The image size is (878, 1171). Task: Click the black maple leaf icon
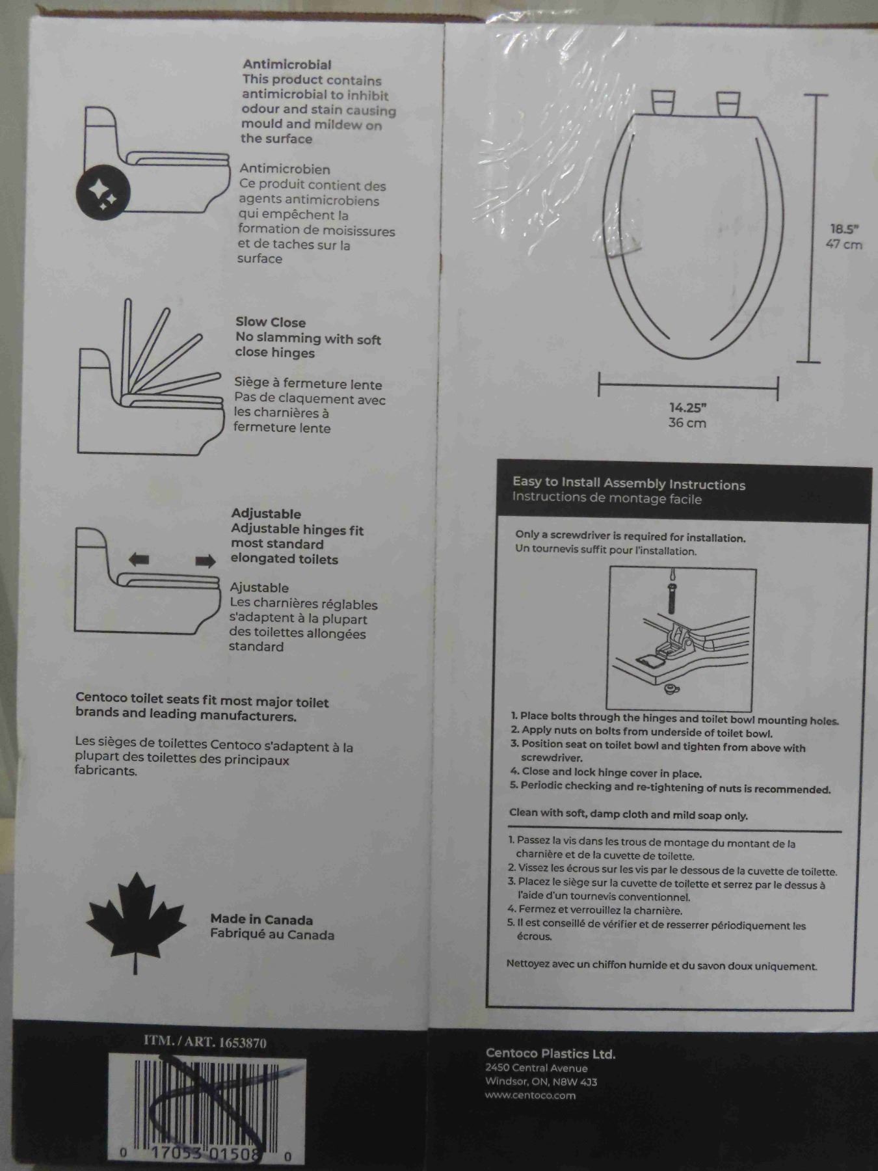click(x=136, y=917)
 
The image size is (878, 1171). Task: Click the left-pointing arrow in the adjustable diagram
click(x=139, y=558)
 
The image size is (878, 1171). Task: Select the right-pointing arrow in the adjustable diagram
click(x=206, y=561)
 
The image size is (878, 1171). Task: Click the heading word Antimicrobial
click(x=287, y=64)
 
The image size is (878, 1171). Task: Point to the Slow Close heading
click(x=271, y=322)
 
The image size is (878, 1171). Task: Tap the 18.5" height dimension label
click(x=844, y=229)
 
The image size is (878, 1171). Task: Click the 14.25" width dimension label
click(x=688, y=408)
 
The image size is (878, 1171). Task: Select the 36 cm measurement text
click(x=687, y=423)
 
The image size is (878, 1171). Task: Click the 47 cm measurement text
click(x=844, y=245)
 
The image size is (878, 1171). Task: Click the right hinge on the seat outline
click(x=728, y=104)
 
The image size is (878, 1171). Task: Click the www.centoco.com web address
click(x=530, y=1096)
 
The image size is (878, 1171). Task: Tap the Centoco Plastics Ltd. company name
click(x=550, y=1054)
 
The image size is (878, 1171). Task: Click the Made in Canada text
click(x=261, y=919)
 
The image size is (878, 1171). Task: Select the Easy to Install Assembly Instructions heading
click(x=629, y=483)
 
